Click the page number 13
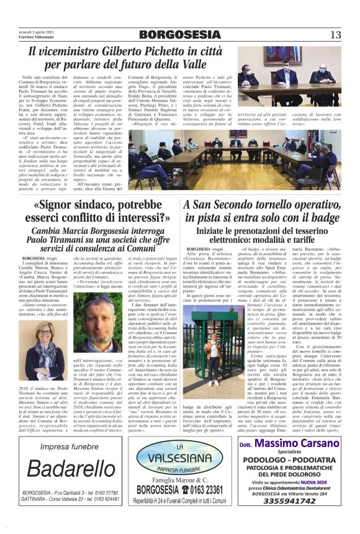(335, 34)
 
